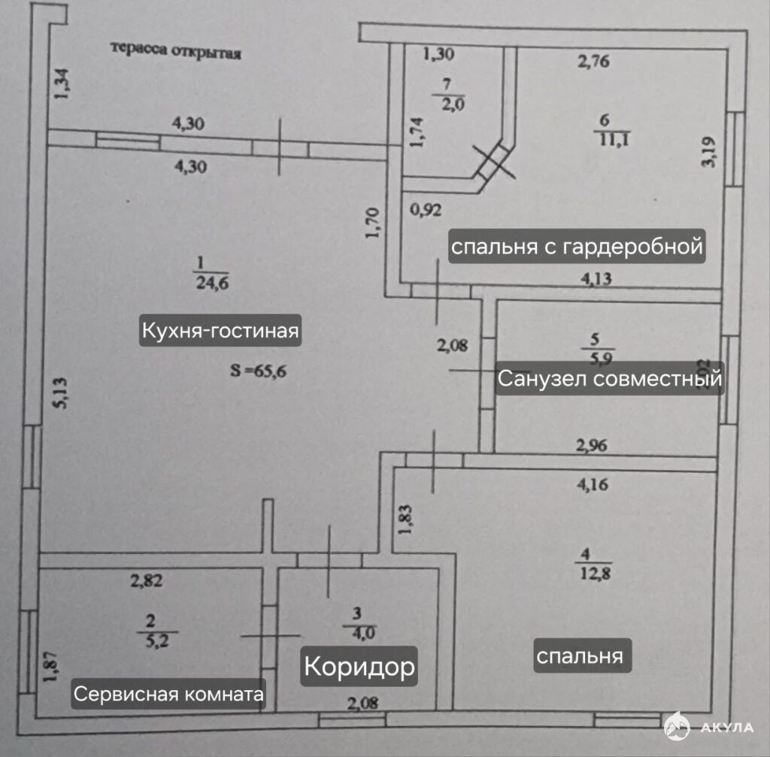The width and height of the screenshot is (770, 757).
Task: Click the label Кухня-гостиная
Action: [220, 331]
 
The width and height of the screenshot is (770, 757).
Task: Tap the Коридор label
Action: [359, 666]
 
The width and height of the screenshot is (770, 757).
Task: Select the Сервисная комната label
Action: [169, 693]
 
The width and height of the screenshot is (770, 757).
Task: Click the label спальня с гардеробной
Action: [577, 246]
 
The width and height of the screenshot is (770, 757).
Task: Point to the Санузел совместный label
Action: [609, 379]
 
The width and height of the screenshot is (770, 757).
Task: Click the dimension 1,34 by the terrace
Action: [62, 83]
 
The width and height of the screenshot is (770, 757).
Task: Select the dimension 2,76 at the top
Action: [593, 62]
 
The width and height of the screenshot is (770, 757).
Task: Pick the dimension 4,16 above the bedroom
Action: [593, 485]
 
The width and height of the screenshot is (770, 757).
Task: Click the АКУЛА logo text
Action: [727, 727]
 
